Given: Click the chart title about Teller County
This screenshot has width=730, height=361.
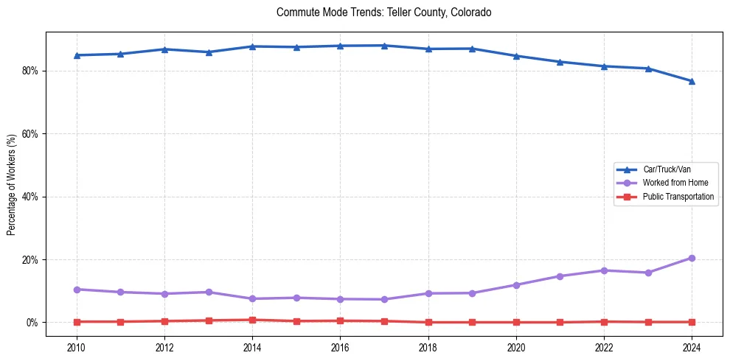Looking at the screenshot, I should (x=383, y=13).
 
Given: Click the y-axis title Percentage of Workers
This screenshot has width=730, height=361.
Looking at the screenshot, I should (x=12, y=185).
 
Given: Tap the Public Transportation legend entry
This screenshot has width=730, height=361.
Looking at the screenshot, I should (x=678, y=197).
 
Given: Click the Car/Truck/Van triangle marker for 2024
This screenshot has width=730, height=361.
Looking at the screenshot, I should (x=692, y=81).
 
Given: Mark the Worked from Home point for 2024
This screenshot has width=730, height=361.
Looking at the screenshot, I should (x=692, y=258).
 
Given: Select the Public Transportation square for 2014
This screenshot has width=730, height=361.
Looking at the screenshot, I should (x=252, y=320).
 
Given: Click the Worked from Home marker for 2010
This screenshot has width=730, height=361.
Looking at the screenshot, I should (x=76, y=290).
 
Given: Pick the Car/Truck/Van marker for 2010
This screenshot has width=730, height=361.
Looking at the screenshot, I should (x=76, y=55).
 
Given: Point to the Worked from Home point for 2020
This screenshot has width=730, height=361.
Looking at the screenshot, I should (x=516, y=285).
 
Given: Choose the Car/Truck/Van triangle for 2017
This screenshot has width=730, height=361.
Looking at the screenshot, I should (x=384, y=46).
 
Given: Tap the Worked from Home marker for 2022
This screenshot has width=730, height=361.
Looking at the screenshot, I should (x=604, y=270).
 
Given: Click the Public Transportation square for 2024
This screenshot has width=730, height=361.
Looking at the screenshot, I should (x=692, y=322).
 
